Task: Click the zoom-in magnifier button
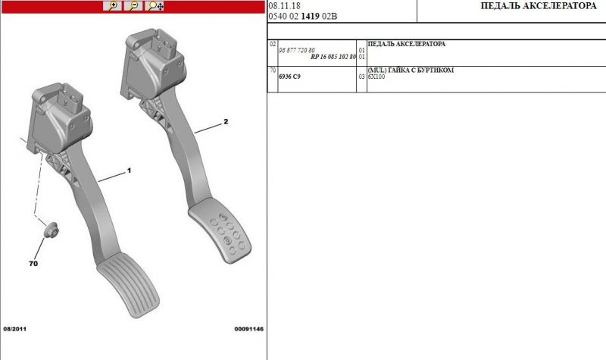(x=112, y=6)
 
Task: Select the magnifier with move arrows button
(x=155, y=6)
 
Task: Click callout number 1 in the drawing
(x=129, y=171)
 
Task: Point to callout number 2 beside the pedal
(x=226, y=121)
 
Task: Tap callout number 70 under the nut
(x=33, y=263)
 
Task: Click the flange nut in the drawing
(x=51, y=230)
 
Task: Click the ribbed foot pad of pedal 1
(x=128, y=285)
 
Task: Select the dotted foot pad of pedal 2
(x=220, y=230)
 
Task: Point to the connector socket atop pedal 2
(x=164, y=45)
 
